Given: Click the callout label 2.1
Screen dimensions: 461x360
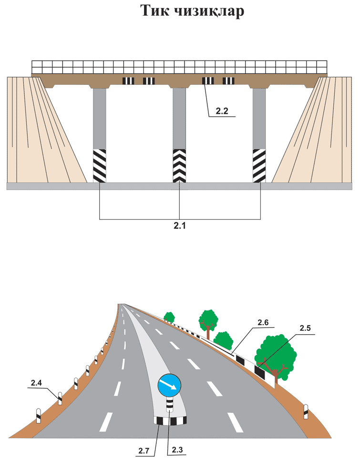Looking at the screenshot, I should pyautogui.click(x=179, y=226).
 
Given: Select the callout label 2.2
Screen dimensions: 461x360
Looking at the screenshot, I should pyautogui.click(x=222, y=111).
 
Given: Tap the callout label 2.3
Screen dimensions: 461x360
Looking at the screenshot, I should pyautogui.click(x=177, y=450).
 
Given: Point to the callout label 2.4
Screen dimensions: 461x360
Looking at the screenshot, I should pyautogui.click(x=37, y=382).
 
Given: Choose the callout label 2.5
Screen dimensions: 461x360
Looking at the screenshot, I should pyautogui.click(x=306, y=328).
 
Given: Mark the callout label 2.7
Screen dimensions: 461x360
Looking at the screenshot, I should pyautogui.click(x=144, y=450).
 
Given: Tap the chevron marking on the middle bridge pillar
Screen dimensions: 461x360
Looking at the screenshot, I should pyautogui.click(x=179, y=165).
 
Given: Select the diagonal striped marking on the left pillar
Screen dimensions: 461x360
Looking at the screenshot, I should pyautogui.click(x=99, y=165).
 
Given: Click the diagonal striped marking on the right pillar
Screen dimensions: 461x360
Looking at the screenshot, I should pyautogui.click(x=259, y=165).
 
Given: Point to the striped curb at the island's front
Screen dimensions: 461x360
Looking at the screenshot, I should pyautogui.click(x=170, y=420).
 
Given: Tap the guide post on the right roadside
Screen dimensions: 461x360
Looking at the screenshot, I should pyautogui.click(x=306, y=411).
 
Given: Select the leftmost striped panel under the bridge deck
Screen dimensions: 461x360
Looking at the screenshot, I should pyautogui.click(x=129, y=81).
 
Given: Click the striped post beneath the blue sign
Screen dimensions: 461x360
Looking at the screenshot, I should pyautogui.click(x=170, y=406).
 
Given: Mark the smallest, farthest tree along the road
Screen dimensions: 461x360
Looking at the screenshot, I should pyautogui.click(x=169, y=317).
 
